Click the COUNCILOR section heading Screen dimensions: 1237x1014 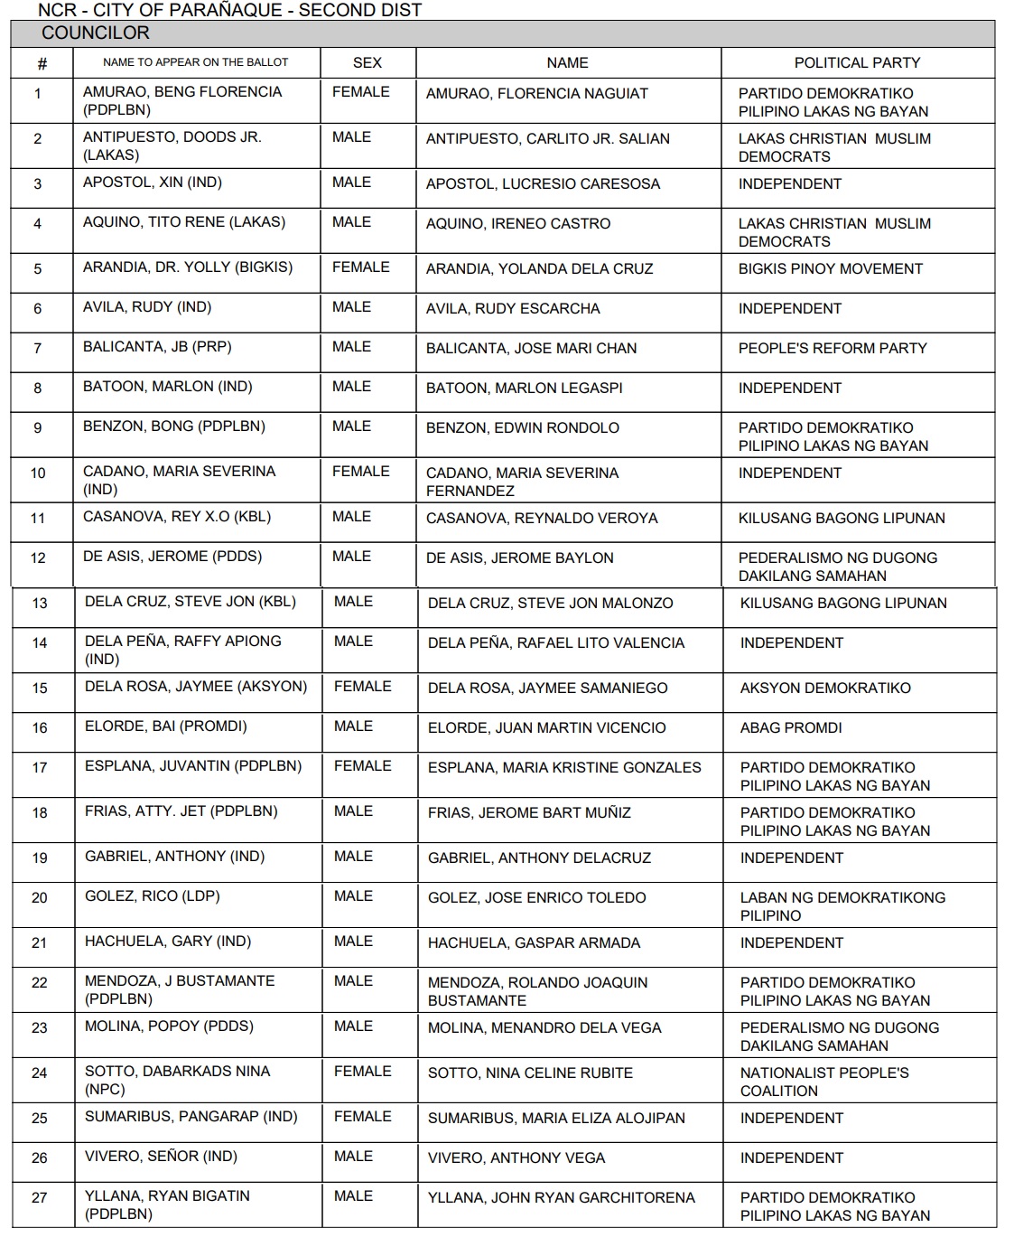pos(96,33)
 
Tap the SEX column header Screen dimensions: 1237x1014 pos(367,62)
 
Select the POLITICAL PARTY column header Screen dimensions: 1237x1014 pos(857,62)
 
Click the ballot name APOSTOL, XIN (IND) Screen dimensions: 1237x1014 pos(153,183)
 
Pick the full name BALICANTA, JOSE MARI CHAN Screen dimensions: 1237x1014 pos(531,349)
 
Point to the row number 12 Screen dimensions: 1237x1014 pos(38,558)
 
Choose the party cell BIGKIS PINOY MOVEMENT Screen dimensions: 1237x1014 pos(830,269)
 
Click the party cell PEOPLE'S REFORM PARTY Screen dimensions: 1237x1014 pos(832,349)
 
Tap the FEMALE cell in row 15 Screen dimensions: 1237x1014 pos(362,687)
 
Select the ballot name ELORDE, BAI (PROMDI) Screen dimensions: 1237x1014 pos(165,726)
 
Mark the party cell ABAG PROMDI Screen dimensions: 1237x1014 pos(790,728)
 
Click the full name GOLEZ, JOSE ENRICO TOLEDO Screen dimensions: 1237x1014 pos(536,898)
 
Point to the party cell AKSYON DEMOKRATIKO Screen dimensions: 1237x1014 pos(825,689)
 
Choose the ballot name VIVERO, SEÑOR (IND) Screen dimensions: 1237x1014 pos(161,1157)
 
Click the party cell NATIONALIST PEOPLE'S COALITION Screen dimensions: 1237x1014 pos(823,1082)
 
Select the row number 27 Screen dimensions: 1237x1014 pos(39,1198)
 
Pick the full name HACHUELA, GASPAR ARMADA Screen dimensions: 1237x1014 pos(534,943)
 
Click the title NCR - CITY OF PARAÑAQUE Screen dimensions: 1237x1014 pos(229,11)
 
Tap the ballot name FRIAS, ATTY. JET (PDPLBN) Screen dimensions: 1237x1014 pos(181,811)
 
